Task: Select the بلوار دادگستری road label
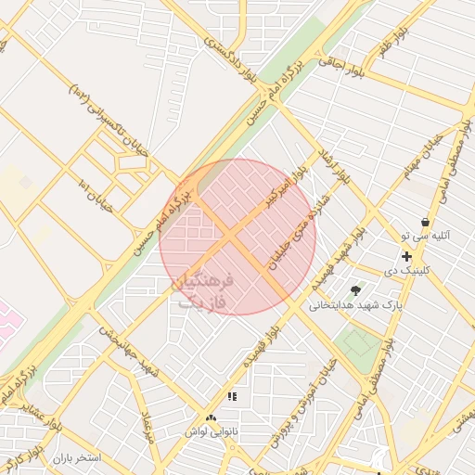pos(215,32)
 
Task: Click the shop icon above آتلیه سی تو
pos(425,222)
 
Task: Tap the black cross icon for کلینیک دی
pos(406,255)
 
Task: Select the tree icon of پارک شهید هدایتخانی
pos(355,290)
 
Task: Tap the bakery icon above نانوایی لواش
pos(211,419)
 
